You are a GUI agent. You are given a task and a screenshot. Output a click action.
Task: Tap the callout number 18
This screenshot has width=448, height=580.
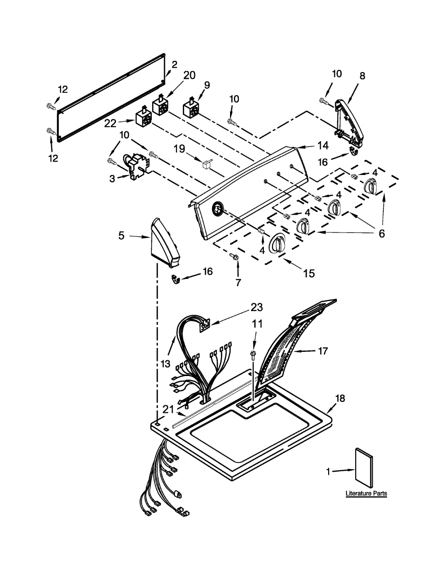tap(340, 398)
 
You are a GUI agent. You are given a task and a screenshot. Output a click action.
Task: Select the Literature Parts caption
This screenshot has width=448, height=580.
tap(366, 493)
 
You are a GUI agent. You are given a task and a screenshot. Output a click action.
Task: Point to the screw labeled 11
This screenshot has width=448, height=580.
tap(253, 356)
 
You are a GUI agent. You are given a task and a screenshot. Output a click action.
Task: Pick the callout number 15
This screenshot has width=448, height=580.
tap(308, 274)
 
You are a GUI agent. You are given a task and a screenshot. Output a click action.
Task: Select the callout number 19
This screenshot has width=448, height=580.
tap(179, 149)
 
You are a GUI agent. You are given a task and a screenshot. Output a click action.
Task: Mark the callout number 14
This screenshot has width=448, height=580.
tap(322, 145)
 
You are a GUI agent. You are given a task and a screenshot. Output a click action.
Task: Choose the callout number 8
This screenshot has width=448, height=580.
tap(362, 75)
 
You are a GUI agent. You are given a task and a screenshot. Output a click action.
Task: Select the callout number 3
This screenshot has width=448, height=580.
tap(112, 178)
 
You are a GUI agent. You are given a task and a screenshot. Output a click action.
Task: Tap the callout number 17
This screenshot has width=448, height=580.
tap(323, 351)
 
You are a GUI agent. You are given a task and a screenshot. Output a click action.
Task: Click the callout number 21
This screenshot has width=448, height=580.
tap(168, 409)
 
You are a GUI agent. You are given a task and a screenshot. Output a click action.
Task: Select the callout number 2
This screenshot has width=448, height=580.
tap(174, 64)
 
